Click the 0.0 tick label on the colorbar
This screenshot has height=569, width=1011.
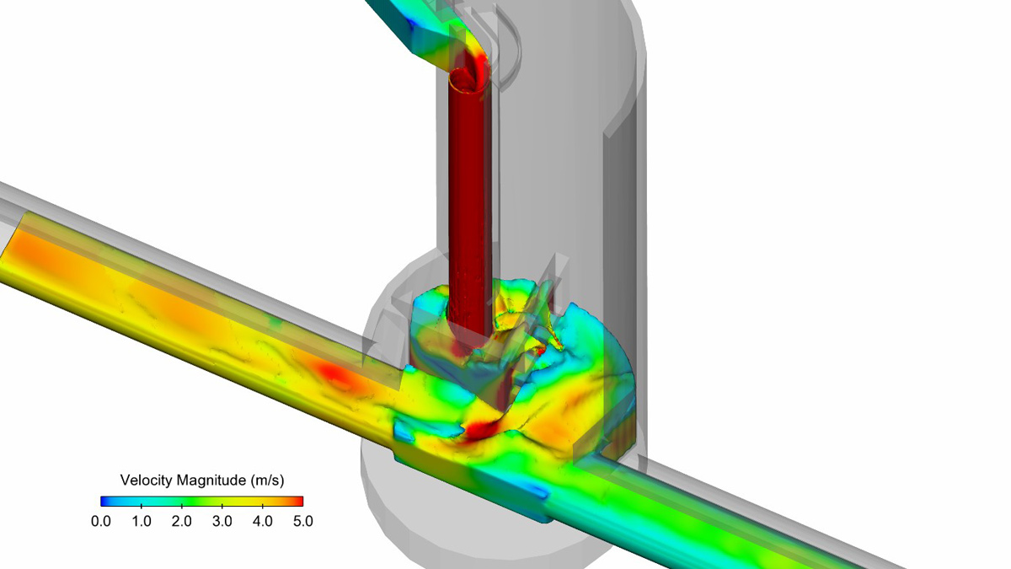[101, 521]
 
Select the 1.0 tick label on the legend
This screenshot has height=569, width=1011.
[142, 521]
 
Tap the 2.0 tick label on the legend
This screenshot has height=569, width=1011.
[182, 521]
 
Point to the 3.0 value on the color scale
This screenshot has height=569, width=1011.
[222, 521]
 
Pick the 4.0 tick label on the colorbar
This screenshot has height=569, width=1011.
[263, 521]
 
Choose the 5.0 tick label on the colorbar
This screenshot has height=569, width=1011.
[302, 521]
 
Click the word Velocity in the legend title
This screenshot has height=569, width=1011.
[147, 481]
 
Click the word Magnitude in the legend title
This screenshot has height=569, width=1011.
[212, 481]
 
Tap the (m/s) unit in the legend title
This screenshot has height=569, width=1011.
[267, 481]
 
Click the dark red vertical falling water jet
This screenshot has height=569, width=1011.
[468, 211]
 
